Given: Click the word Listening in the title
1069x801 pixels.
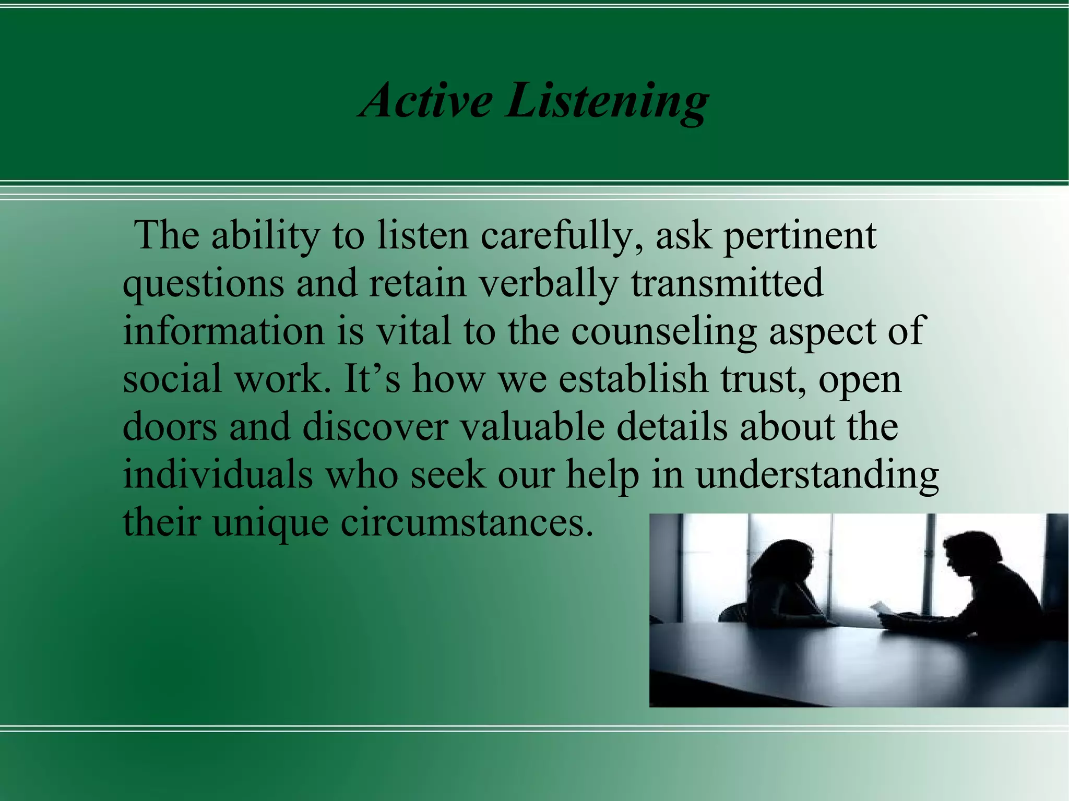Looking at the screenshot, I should tap(605, 102).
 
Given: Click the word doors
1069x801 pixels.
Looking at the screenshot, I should tap(170, 427).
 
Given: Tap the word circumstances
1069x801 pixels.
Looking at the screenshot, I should tap(467, 523).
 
